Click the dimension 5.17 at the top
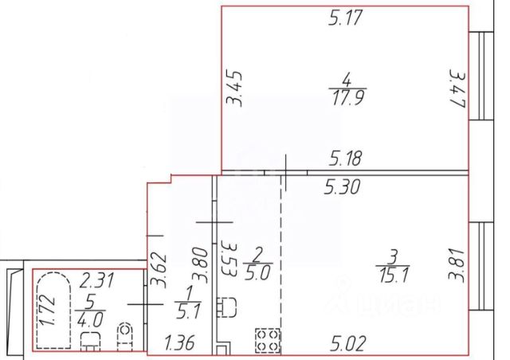[x=345, y=18]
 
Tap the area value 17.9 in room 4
[x=347, y=98]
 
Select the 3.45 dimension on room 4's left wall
[x=234, y=88]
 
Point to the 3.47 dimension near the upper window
[x=459, y=89]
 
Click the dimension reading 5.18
[x=345, y=158]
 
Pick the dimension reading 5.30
[x=342, y=188]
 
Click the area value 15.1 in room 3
[x=394, y=275]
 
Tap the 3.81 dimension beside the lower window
[x=457, y=265]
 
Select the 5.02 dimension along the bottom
[x=348, y=343]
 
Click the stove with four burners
[x=268, y=341]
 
